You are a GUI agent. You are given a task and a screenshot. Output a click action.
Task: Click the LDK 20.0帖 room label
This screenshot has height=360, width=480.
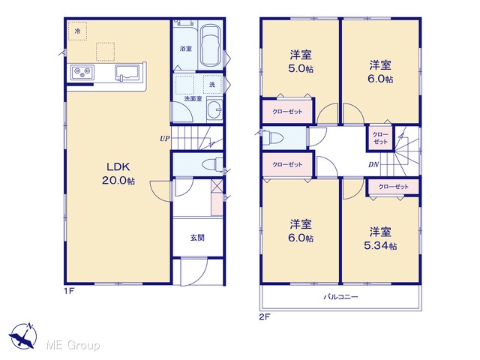click(x=118, y=173)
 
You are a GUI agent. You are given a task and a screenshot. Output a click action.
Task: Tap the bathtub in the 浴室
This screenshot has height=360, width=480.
click(x=211, y=46)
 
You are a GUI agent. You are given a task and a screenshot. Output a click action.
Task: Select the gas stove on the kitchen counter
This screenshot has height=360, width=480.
click(x=82, y=73)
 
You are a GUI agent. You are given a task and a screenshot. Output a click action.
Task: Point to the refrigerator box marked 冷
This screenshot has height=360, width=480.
click(x=77, y=31)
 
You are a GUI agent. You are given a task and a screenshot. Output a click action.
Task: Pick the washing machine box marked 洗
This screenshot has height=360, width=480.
click(x=212, y=84)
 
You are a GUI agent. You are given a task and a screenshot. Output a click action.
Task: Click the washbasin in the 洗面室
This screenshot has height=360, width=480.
click(x=214, y=109)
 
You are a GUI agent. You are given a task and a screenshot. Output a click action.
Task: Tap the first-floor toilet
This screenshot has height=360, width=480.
click(x=212, y=164)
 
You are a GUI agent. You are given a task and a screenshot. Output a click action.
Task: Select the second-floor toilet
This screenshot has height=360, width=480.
click(x=273, y=137)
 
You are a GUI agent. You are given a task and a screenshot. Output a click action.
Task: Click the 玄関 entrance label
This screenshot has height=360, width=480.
click(x=197, y=237)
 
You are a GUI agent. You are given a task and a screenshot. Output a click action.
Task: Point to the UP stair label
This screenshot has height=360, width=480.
click(x=165, y=138)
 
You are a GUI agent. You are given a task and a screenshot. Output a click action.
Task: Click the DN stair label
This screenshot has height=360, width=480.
click(x=373, y=165)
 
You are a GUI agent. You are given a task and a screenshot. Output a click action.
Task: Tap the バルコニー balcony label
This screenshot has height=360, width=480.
click(x=340, y=297)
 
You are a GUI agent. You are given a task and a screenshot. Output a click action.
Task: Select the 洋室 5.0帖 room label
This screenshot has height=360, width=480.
click(x=301, y=61)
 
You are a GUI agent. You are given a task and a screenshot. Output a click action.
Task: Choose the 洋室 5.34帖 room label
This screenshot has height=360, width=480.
click(x=380, y=238)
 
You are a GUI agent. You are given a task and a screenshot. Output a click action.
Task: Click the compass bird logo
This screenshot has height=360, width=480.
click(x=23, y=336)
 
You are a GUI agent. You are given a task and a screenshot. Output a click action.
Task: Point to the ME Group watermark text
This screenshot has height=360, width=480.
click(x=73, y=345)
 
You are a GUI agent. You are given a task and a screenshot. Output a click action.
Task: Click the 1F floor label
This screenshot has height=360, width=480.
click(x=69, y=290)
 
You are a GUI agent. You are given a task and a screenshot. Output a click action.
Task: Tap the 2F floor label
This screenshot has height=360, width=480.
click(x=265, y=316)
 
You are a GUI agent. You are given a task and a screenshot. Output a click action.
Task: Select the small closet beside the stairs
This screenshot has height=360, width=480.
click(x=380, y=138)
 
